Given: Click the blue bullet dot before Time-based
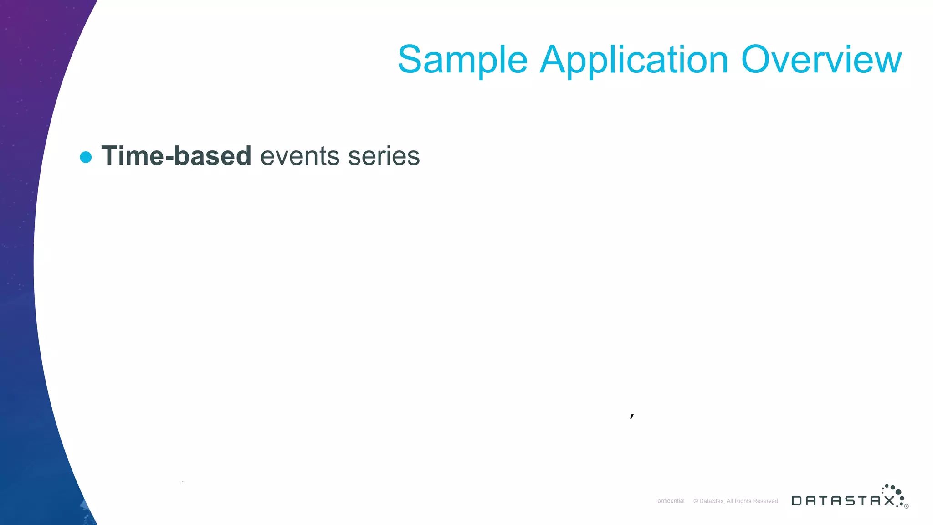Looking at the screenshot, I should tap(86, 157).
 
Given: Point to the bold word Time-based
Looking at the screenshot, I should tap(176, 156).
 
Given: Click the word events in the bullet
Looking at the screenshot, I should tap(300, 156).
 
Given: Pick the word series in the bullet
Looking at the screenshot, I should tap(384, 156).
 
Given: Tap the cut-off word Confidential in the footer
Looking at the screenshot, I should tap(671, 501).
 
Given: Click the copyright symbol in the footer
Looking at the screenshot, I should tap(696, 501).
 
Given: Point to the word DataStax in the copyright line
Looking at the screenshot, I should tap(711, 501).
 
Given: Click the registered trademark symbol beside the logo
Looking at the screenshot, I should tap(907, 506).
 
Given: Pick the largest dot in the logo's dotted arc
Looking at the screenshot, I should tap(898, 492).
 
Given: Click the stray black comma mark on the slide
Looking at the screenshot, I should tap(632, 416).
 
